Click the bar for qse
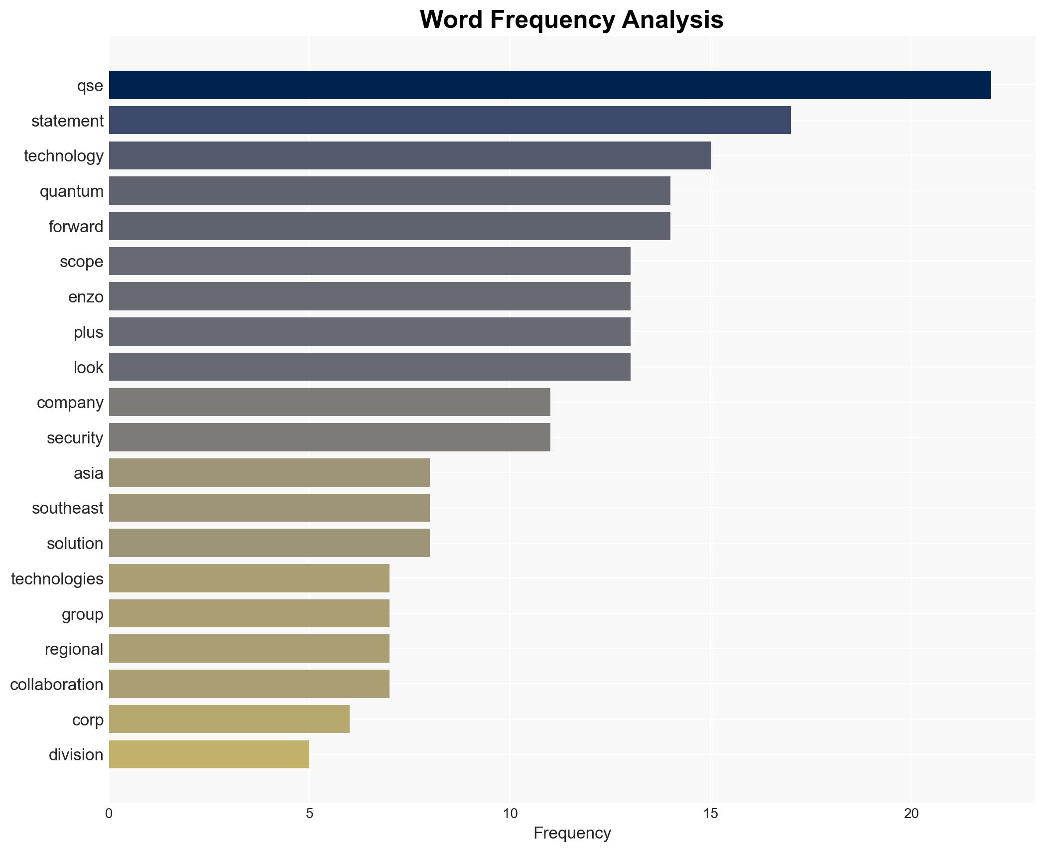550,85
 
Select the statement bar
450,121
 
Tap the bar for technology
409,155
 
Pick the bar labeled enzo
370,296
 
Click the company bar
329,402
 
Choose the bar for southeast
269,508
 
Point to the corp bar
229,719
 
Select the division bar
209,754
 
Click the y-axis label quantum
72,191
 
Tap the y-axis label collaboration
57,685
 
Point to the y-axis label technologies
57,579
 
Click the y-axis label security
75,438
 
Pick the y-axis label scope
82,262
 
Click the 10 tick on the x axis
510,814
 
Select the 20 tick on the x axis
911,814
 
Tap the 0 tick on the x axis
109,814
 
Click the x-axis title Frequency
572,833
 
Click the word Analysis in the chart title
672,20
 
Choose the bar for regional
249,649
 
